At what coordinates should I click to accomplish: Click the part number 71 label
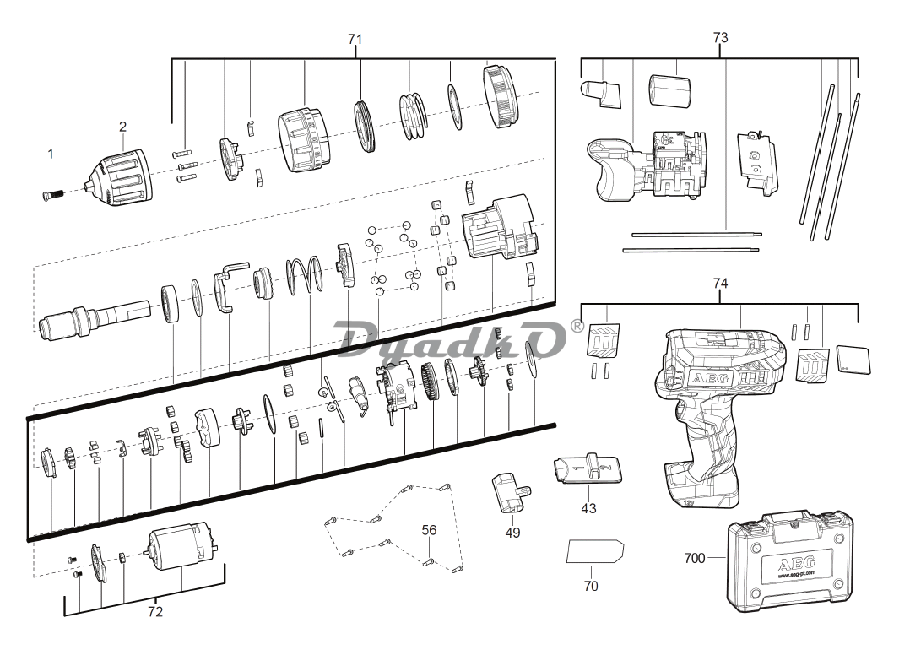point(355,39)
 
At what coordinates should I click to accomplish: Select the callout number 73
point(720,38)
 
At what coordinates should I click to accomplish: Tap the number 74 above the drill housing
point(720,284)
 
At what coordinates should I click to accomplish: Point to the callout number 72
point(154,612)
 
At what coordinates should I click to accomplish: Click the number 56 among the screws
point(430,530)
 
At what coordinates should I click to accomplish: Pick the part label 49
point(512,533)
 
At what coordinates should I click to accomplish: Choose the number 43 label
point(588,508)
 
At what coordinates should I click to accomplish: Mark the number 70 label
point(591,586)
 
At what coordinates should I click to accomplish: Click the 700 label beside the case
point(695,557)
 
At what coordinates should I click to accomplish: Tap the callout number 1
point(50,154)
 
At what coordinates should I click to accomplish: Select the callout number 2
point(122,127)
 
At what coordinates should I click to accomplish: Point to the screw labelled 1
point(51,195)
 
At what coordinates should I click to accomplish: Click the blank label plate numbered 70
point(593,552)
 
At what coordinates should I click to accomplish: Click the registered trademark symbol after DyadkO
point(577,325)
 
